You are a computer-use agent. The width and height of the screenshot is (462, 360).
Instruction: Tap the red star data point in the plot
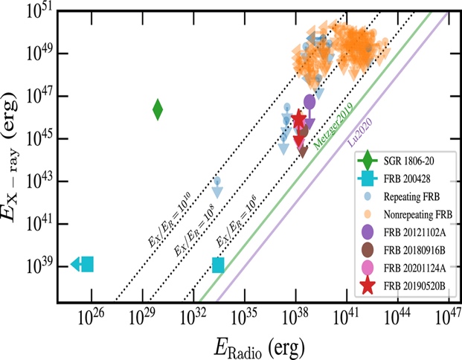click(299, 120)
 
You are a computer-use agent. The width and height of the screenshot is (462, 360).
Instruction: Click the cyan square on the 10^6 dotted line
click(218, 265)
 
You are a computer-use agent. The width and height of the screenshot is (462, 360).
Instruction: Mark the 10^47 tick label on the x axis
click(443, 316)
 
